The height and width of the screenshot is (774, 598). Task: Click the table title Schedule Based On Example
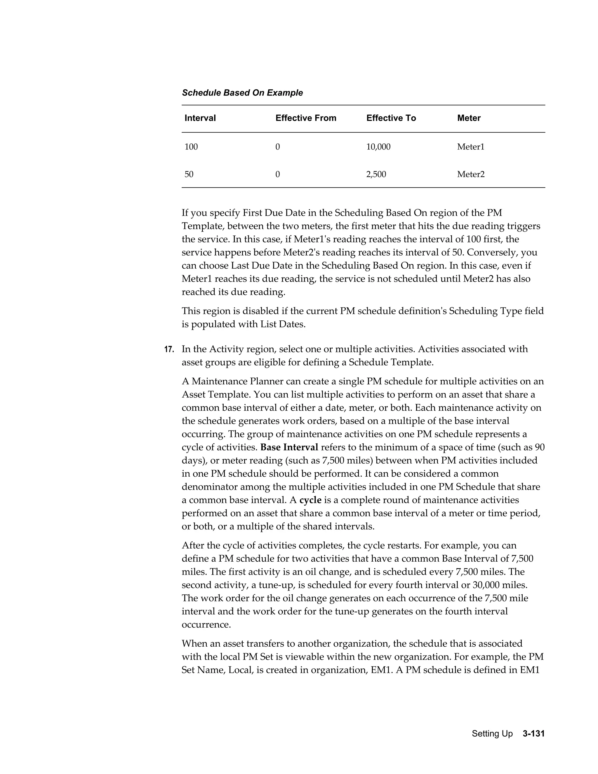point(242,93)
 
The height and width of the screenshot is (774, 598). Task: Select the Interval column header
point(200,118)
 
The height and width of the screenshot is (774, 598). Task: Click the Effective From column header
point(306,118)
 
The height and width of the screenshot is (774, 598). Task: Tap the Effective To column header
point(391,118)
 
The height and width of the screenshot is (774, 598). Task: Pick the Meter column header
point(468,118)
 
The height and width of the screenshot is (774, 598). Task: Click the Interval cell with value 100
point(191,147)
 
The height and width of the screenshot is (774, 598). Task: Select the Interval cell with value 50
point(189,174)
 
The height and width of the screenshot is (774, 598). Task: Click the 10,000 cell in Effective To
point(378,147)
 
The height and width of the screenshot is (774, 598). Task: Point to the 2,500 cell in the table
point(376,174)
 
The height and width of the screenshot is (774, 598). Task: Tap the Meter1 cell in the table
point(470,147)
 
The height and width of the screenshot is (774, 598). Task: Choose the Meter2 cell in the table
point(470,174)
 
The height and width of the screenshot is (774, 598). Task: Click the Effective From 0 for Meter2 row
point(277,174)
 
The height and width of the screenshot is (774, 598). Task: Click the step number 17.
point(169,349)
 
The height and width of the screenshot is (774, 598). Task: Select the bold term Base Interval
point(289,447)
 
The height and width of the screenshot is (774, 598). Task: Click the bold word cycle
point(310,500)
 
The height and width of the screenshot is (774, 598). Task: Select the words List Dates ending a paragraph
point(282,324)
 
